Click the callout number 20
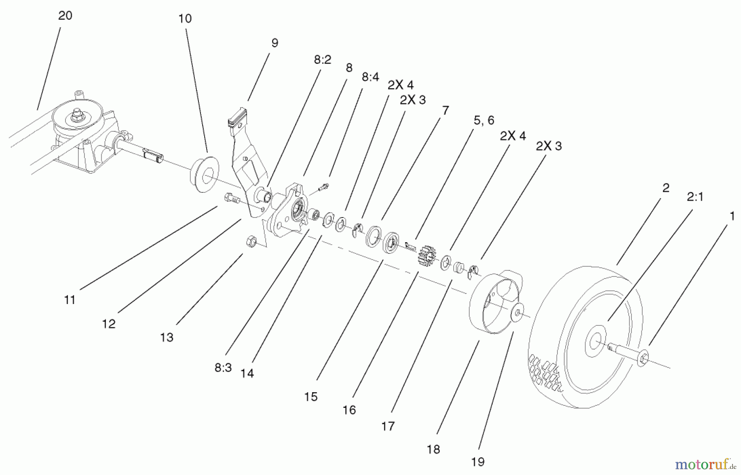click(x=65, y=16)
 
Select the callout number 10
click(x=185, y=19)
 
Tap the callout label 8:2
click(x=322, y=60)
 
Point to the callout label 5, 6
click(x=484, y=120)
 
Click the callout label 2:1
click(x=695, y=197)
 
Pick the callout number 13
click(x=167, y=338)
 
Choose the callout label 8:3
click(x=223, y=368)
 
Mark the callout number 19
click(x=478, y=462)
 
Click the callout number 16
click(x=349, y=410)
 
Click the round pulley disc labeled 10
click(x=204, y=173)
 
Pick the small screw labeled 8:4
click(x=324, y=187)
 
